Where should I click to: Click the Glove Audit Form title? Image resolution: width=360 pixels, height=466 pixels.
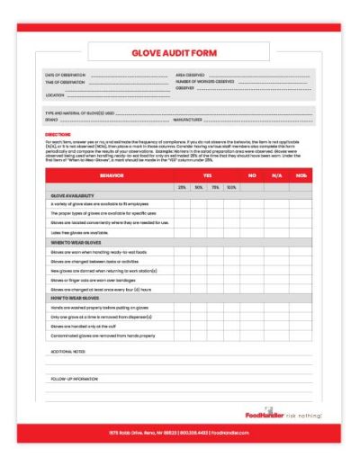click(x=179, y=53)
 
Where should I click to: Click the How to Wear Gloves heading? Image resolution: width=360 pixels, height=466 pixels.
click(x=77, y=297)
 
